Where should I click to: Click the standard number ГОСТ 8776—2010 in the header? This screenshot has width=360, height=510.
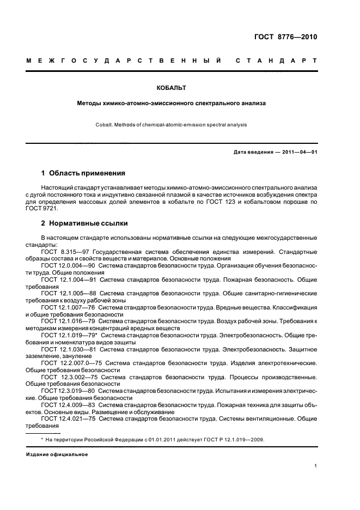pyautogui.click(x=285, y=38)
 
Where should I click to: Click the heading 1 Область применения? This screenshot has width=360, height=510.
pyautogui.click(x=83, y=173)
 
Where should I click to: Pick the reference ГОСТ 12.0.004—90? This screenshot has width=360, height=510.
pyautogui.click(x=67, y=265)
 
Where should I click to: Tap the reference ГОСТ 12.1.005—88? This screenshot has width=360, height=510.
pyautogui.click(x=67, y=292)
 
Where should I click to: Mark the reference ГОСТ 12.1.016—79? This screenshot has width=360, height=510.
pyautogui.click(x=67, y=321)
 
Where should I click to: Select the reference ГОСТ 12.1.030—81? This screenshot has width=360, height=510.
pyautogui.click(x=67, y=348)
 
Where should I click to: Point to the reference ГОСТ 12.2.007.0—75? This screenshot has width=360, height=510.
pyautogui.click(x=70, y=362)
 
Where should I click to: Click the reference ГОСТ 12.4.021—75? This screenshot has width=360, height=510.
pyautogui.click(x=67, y=418)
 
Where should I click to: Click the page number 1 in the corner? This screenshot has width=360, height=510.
pyautogui.click(x=315, y=466)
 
